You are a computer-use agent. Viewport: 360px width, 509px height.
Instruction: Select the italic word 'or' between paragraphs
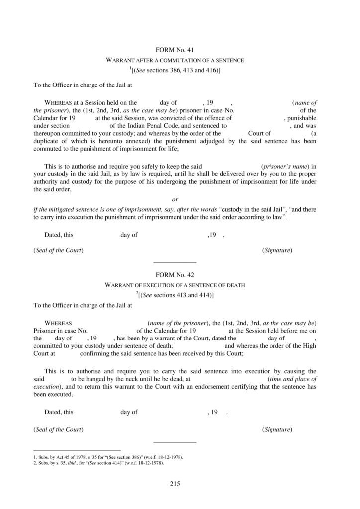175,200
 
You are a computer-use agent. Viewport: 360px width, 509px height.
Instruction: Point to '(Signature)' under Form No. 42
276,429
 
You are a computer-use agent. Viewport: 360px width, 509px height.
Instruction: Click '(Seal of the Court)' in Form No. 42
58,429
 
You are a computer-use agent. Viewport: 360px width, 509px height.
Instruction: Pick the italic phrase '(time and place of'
292,379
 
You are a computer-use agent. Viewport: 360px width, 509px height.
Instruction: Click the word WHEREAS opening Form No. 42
58,323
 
